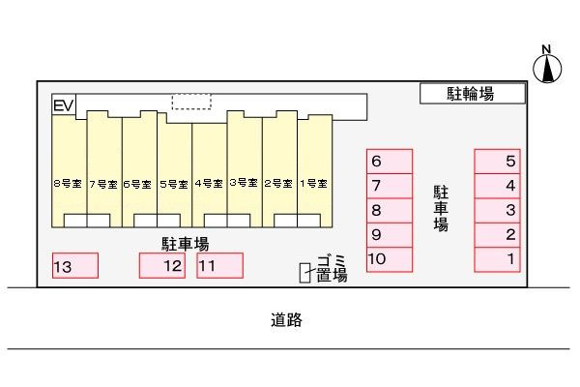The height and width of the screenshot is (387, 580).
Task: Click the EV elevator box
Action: tap(64, 104)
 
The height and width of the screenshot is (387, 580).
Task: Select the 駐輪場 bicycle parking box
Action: tap(473, 93)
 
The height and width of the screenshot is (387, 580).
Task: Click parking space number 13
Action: tap(75, 265)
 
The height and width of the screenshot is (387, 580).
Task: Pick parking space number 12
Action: tap(162, 265)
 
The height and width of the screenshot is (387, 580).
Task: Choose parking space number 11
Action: tap(219, 265)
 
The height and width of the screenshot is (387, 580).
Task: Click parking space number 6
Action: tap(390, 162)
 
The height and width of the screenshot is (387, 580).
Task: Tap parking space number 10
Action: tap(390, 259)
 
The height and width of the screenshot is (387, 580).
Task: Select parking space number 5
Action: tap(498, 162)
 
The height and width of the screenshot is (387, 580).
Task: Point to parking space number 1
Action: tap(498, 259)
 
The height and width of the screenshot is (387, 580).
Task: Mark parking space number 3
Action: tap(498, 211)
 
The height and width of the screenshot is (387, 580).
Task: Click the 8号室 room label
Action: tap(68, 183)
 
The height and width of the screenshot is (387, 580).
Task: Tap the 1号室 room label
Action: tap(313, 183)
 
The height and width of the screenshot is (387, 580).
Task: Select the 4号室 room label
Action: tap(209, 183)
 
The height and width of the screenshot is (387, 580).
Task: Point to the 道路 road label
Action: tap(286, 320)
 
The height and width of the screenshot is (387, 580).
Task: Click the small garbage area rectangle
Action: tap(304, 273)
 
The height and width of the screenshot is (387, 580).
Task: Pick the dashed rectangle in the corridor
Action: tap(191, 102)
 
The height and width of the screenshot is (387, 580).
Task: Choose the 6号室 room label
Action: tap(137, 184)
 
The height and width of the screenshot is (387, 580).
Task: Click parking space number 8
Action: tap(390, 211)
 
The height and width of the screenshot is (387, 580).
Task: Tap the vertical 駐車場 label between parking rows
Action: tap(441, 209)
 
